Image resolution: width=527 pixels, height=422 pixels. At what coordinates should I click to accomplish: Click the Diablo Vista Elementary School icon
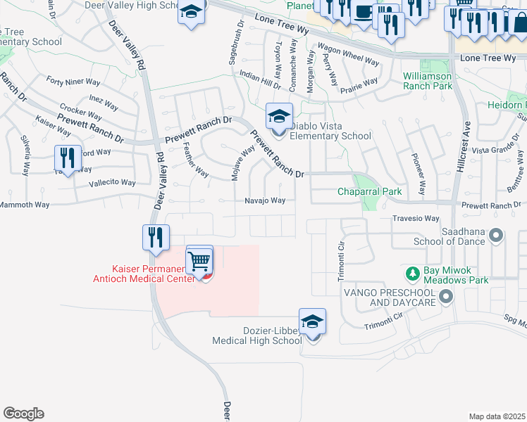point(279,117)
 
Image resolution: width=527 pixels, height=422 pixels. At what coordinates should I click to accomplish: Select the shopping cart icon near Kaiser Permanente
point(200,262)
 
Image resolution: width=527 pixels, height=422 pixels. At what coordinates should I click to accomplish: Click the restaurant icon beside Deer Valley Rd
point(156,238)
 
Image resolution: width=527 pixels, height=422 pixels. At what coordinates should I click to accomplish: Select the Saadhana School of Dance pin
point(498,235)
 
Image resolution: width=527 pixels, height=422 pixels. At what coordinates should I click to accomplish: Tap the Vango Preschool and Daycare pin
point(445,298)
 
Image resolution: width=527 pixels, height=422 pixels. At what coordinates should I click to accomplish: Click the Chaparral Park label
point(369,191)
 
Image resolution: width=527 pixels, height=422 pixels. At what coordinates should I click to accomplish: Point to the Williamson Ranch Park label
point(428,81)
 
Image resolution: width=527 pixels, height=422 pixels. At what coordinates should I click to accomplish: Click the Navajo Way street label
point(265,200)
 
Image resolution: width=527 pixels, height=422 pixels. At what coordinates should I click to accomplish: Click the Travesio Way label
point(416,219)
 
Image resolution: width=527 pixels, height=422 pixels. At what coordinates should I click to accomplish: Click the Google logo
point(23,414)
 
